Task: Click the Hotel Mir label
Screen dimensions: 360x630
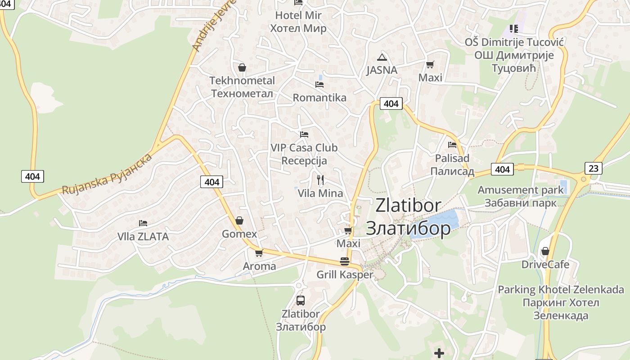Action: [298, 22]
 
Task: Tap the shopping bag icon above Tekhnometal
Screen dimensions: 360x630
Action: [242, 67]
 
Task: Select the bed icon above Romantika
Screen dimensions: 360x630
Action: [319, 84]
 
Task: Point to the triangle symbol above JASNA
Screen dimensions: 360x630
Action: [382, 57]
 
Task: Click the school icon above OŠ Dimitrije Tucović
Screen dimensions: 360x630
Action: [514, 29]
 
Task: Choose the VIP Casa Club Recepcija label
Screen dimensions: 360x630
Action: [304, 154]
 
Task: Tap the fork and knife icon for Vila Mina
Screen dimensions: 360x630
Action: [320, 180]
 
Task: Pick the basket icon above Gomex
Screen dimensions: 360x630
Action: [239, 220]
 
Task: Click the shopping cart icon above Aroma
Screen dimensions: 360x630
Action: [259, 253]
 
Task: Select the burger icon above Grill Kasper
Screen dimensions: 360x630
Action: [345, 261]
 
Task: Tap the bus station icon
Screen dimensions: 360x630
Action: [301, 300]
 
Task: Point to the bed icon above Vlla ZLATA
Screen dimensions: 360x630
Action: [143, 223]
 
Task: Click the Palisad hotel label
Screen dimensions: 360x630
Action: [452, 165]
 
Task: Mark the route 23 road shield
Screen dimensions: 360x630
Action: [594, 168]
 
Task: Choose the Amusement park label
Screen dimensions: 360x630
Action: [521, 196]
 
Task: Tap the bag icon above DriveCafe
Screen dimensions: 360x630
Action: [545, 251]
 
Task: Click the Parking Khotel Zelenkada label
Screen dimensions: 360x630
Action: [561, 302]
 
